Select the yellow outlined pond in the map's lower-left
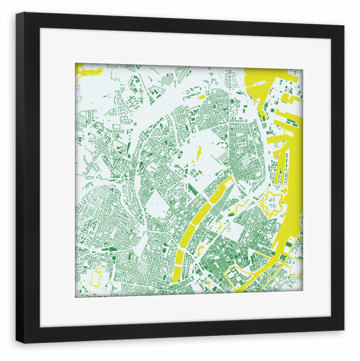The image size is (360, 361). [x=95, y=278]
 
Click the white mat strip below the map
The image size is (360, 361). [x=181, y=310]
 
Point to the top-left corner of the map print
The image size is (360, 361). [x=76, y=64]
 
